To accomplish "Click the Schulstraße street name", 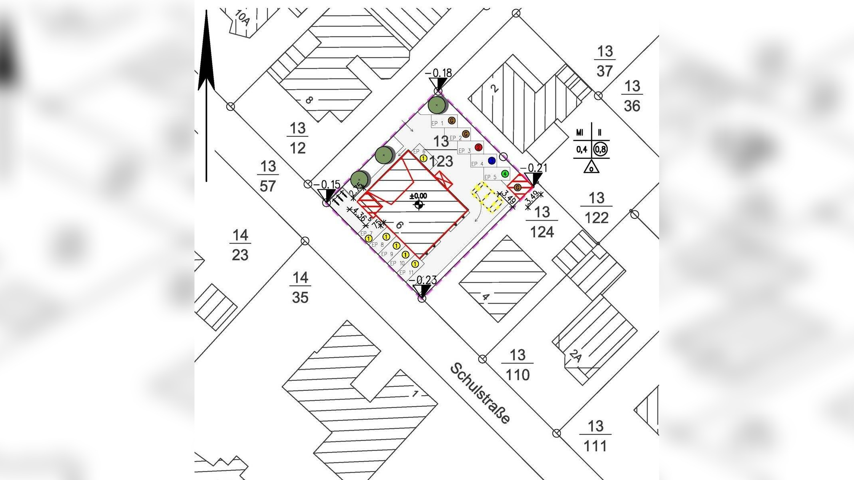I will point(480,393).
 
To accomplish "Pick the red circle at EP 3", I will point(478,147).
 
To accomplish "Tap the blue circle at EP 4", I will point(492,161).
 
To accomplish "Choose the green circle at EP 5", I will point(505,174).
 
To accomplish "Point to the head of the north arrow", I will point(206,48).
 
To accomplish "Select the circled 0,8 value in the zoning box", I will point(600,150).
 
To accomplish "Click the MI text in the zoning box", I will point(579,132).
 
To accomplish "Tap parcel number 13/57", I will point(268,176).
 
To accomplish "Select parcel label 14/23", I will point(240,245).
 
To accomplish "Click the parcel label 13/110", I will point(517,365).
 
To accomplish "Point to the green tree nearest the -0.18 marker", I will point(437,105).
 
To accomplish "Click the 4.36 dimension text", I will point(359,216).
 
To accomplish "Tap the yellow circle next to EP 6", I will point(423,158).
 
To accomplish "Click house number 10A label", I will point(243,18).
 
